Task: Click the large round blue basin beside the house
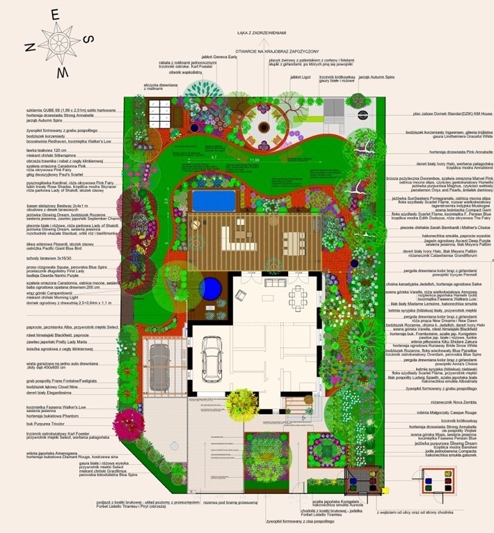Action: tap(209, 287)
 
